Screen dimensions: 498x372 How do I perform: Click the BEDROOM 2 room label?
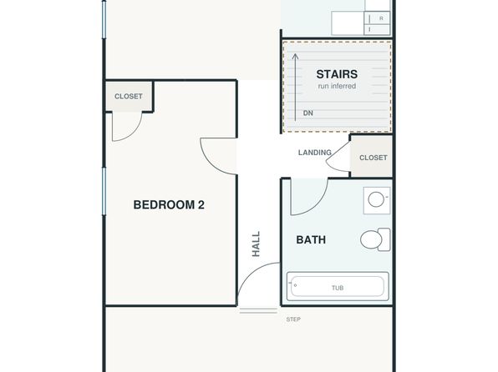[x=169, y=205]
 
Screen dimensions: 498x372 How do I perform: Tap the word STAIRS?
[x=337, y=74]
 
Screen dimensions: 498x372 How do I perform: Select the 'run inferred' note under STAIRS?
[x=337, y=86]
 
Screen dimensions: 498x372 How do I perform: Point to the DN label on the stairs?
[x=308, y=113]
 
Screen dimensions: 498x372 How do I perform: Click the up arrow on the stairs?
[x=295, y=88]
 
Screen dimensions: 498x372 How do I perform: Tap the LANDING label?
[x=314, y=153]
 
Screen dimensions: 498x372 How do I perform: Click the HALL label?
[x=256, y=244]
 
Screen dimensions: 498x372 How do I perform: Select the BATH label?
[x=311, y=239]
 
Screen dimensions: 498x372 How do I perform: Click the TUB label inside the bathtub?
[x=338, y=288]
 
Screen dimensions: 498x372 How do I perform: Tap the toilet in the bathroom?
[x=375, y=239]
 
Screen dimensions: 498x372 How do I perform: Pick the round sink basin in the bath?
[x=376, y=199]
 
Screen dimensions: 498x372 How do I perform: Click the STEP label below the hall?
[x=293, y=319]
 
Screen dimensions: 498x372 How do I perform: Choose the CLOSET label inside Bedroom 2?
[x=129, y=96]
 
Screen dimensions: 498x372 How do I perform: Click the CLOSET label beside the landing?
[x=373, y=158]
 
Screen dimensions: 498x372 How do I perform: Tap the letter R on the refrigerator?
[x=381, y=18]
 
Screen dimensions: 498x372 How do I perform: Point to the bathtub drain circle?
[x=295, y=285]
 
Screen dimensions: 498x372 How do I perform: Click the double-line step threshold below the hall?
[x=258, y=311]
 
